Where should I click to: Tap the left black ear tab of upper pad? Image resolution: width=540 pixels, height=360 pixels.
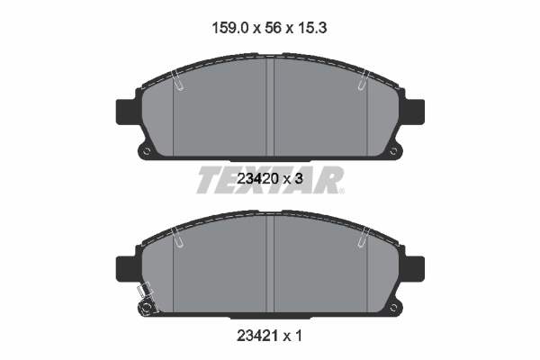point(127,110)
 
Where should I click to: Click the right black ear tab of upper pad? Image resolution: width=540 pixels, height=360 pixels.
point(415,110)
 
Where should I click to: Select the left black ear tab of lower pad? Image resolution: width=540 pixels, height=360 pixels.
point(127,267)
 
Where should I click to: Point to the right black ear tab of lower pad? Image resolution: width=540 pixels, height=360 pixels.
point(415,267)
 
